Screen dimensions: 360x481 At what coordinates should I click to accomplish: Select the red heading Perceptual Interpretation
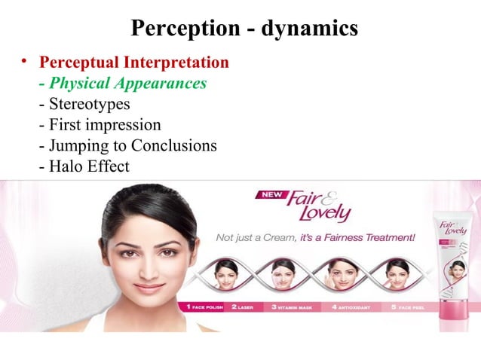point(134,62)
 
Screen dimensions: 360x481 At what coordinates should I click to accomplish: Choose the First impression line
point(100,124)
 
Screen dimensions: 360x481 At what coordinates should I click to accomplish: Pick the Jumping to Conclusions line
point(128,145)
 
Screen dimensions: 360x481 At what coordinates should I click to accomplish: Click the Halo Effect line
point(84,166)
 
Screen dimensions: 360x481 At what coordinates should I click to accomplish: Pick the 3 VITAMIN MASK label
point(291,307)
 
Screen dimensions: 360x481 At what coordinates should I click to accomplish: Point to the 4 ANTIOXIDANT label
point(346,307)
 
